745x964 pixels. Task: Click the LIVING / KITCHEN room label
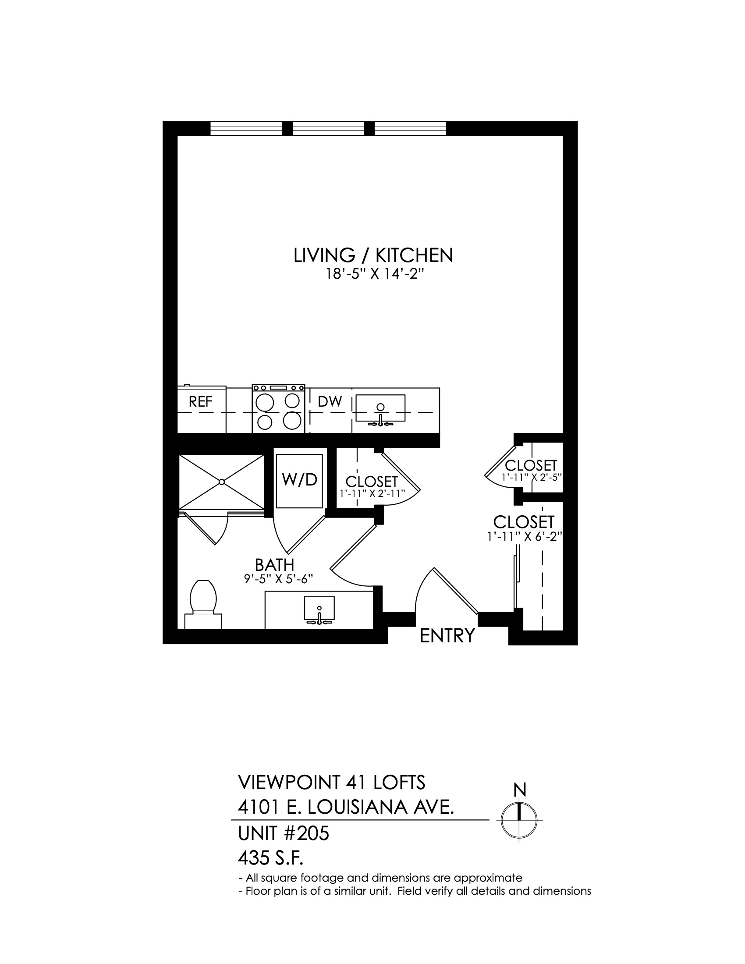coord(373,255)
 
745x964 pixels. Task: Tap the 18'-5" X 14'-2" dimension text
coord(372,275)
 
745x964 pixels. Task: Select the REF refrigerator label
coord(200,401)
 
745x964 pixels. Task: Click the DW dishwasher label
coord(330,401)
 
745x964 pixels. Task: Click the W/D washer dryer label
coord(300,479)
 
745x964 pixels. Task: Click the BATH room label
coord(274,565)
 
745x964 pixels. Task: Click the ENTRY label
coord(447,636)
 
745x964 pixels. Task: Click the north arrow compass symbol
coord(519,820)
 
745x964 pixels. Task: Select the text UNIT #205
coord(284,834)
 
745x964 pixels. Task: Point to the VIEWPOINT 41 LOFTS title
coord(331,783)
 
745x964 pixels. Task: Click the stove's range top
coord(278,409)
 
